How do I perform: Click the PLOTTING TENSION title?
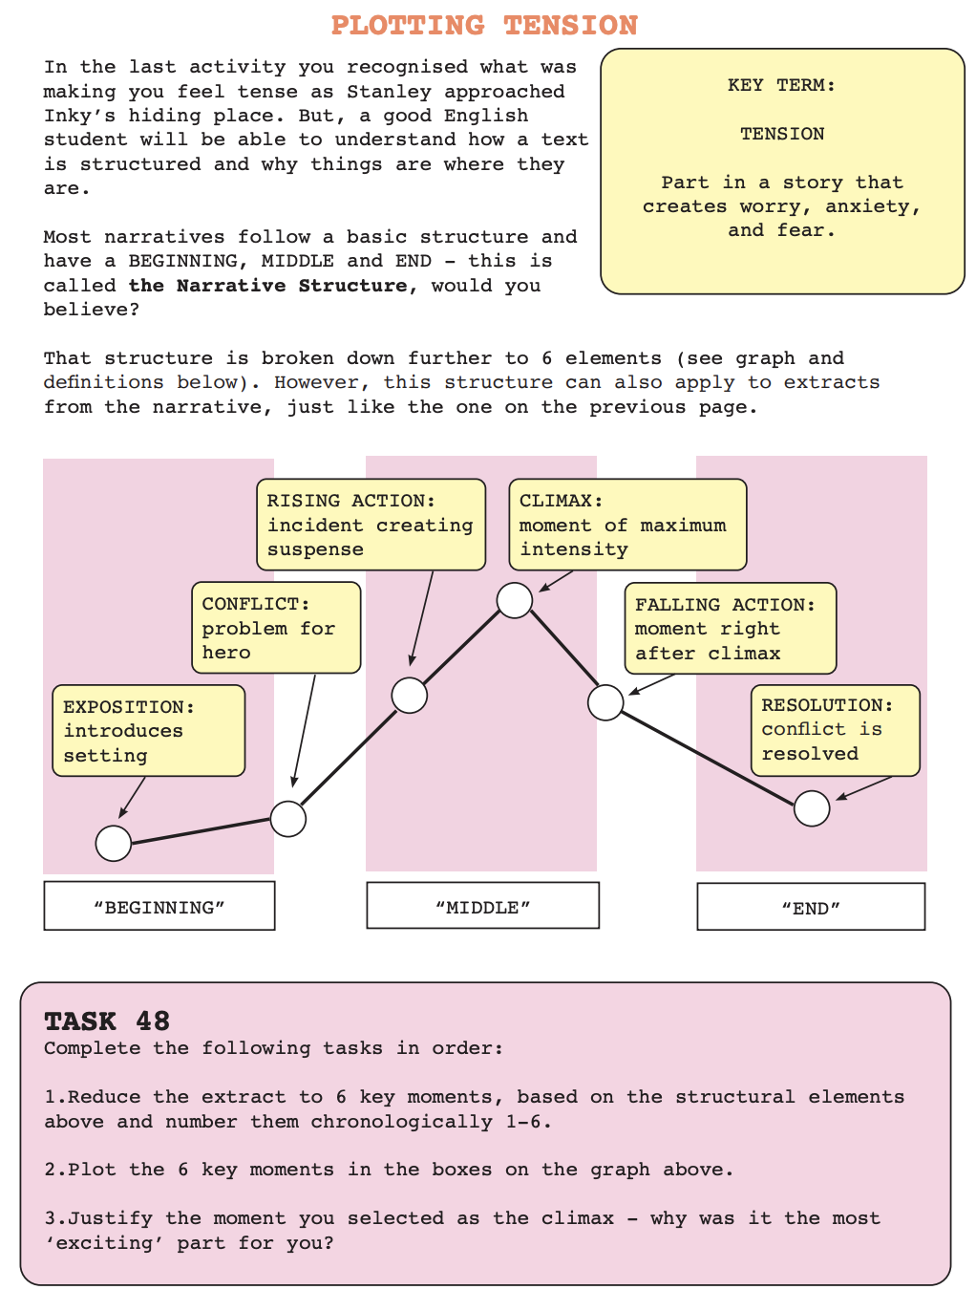(x=484, y=26)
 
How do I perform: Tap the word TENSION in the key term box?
(x=781, y=134)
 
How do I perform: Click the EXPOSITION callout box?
(x=148, y=731)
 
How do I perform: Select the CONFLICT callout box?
(x=276, y=627)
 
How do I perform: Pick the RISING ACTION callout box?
(x=371, y=525)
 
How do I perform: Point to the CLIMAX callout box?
(x=627, y=525)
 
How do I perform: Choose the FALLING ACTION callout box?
(x=731, y=629)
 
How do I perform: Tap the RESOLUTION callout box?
(x=836, y=730)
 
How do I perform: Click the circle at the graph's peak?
(x=515, y=600)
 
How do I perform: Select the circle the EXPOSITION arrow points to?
(x=114, y=844)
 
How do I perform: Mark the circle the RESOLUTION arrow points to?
(x=812, y=808)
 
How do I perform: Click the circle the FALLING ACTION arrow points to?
(x=605, y=702)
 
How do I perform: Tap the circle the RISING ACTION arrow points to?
(x=410, y=696)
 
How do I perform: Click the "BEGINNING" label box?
(x=159, y=906)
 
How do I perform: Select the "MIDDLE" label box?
(x=482, y=906)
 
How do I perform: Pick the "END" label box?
(x=811, y=907)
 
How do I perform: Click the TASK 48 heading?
(x=107, y=1021)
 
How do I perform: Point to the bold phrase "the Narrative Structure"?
(x=268, y=286)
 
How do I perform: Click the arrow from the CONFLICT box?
(x=304, y=731)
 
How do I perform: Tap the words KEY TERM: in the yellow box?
(x=781, y=85)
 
